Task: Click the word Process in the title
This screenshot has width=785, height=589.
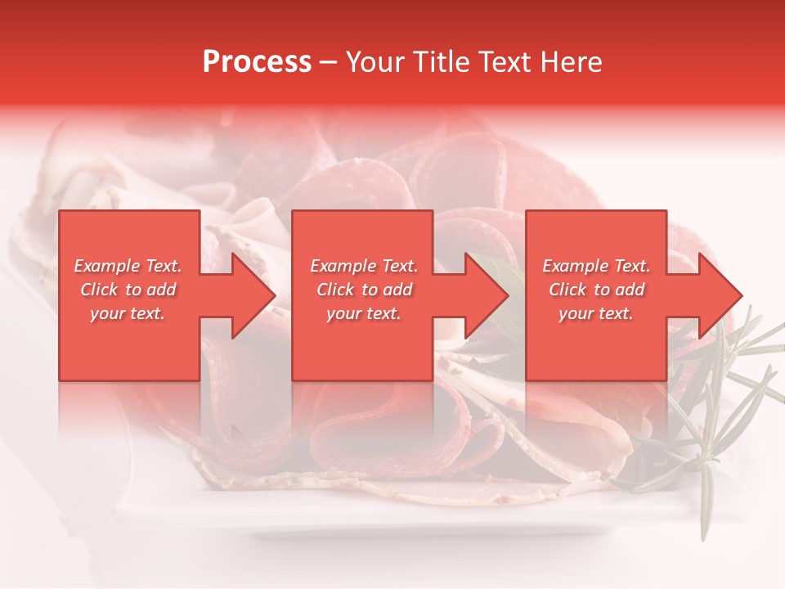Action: point(257,62)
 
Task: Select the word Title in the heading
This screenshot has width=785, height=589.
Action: point(442,62)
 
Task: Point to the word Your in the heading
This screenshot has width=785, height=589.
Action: point(377,62)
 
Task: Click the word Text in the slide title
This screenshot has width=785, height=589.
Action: point(505,62)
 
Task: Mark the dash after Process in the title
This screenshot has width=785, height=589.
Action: point(328,63)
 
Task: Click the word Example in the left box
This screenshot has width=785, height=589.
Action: point(106,266)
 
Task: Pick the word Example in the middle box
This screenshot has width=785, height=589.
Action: point(343,266)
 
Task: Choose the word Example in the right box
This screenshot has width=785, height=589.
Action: point(575,266)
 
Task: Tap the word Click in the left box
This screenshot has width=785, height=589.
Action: point(99,290)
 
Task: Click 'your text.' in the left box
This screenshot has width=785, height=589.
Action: point(128,313)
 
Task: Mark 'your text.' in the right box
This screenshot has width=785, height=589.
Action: point(595,313)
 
